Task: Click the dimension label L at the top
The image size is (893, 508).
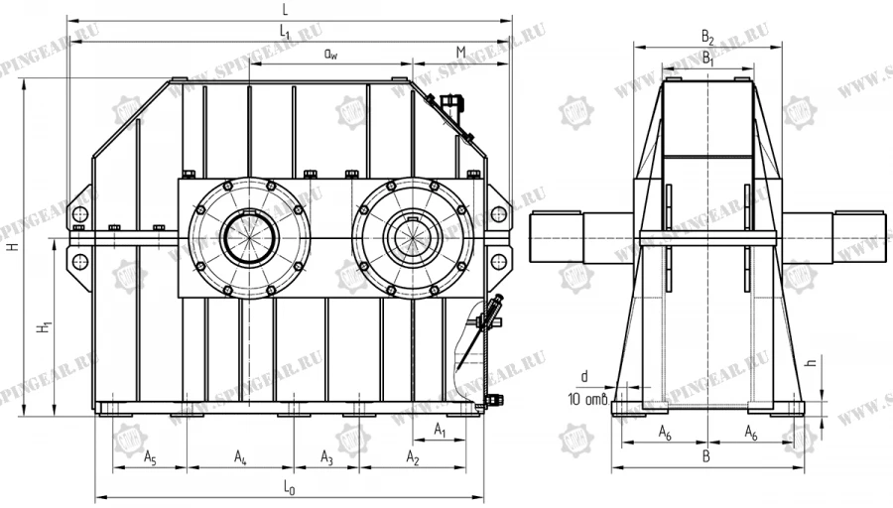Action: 286,9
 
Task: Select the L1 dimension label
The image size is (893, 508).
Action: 286,33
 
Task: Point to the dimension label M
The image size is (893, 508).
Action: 461,52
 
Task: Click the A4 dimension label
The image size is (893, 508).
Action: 241,456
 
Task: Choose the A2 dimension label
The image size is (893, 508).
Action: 413,456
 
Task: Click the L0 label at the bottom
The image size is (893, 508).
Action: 289,488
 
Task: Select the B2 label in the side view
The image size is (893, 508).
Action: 707,37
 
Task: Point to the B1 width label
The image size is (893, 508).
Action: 707,59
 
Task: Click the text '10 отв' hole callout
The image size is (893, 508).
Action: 586,400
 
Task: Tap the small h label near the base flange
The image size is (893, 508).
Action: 811,364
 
